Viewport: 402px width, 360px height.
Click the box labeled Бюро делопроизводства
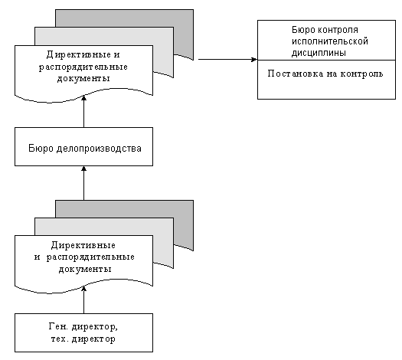83,146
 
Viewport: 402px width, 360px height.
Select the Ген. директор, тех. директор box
83,332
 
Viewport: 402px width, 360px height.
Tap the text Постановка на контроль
325,74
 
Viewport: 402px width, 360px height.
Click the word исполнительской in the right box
330,41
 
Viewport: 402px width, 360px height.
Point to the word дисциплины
319,53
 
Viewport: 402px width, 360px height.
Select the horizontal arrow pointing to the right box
227,60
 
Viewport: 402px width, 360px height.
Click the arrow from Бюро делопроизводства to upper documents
83,111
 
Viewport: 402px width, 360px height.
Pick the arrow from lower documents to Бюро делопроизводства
83,183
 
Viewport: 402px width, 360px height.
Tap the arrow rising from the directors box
83,299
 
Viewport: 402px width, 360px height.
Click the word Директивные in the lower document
83,245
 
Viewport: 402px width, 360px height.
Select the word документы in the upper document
83,78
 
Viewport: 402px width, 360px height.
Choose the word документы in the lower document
85,269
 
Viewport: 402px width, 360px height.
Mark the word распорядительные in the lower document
90,257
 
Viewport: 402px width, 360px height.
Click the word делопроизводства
99,149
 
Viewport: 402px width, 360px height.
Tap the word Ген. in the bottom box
58,326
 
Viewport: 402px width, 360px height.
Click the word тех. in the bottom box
60,339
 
